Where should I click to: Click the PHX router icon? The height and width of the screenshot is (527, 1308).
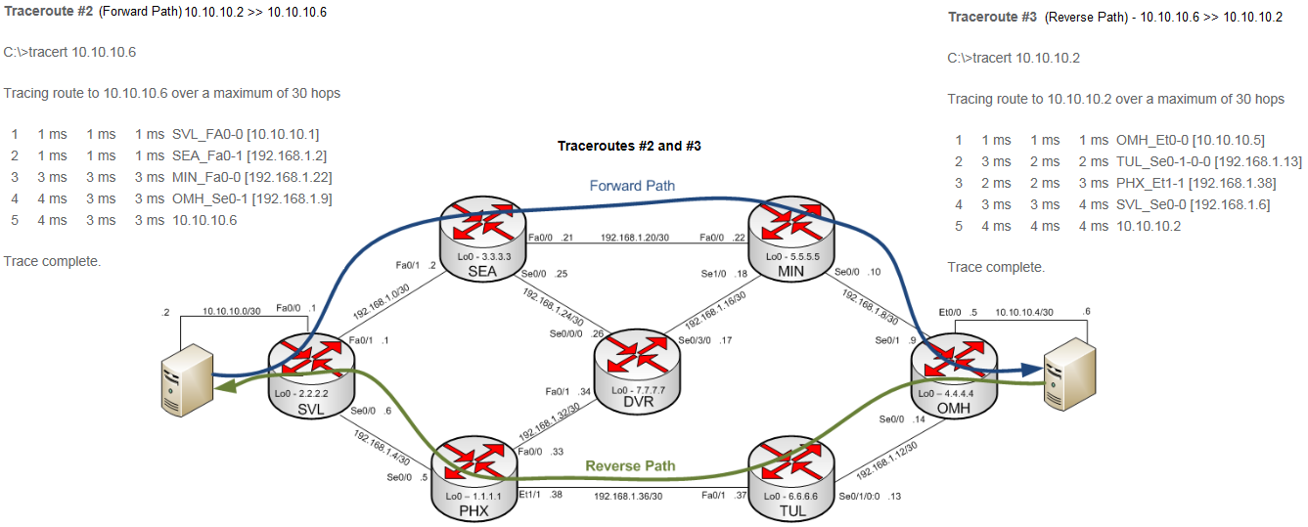(474, 480)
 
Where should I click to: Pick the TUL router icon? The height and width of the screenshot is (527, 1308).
(791, 480)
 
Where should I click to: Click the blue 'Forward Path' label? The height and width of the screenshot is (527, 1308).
(632, 186)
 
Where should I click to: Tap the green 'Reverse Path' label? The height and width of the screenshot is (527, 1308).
(630, 466)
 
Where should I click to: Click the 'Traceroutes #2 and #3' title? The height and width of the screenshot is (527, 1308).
(630, 146)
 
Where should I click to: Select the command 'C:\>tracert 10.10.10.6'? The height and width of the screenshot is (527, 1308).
(69, 52)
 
